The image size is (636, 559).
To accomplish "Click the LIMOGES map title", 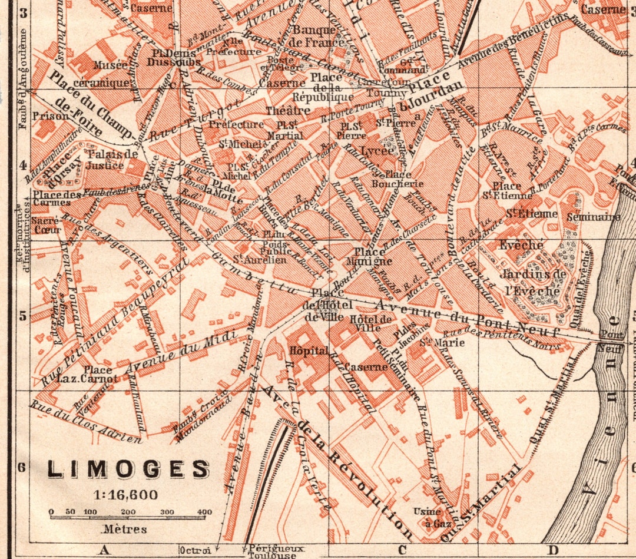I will point(128,469).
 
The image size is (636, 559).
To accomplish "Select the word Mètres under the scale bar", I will point(125,529).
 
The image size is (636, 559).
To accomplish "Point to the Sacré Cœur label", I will point(47,225).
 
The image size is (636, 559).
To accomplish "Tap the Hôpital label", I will point(309,350).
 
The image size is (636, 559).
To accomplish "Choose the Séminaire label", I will point(593,217).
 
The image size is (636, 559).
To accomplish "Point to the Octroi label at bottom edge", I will point(195,550).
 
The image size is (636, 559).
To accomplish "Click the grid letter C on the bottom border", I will point(402,550).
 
